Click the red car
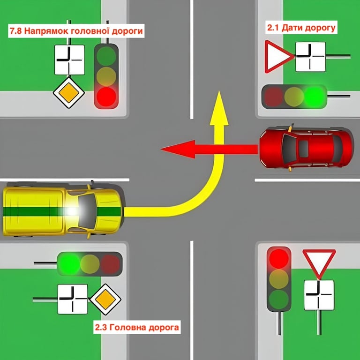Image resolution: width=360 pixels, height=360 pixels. click(x=307, y=148)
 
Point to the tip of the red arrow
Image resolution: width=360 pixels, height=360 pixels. click(x=162, y=149)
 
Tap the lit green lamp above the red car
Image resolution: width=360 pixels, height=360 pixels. click(x=314, y=96)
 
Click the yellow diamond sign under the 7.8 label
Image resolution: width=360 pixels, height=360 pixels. click(x=68, y=93)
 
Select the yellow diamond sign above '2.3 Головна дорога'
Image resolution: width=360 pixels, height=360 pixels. click(x=105, y=300)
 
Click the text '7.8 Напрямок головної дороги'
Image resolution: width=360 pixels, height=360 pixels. click(x=76, y=31)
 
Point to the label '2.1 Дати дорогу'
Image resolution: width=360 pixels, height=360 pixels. click(x=301, y=28)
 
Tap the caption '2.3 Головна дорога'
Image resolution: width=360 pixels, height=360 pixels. click(x=137, y=327)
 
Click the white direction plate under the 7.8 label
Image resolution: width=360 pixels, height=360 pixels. click(x=69, y=60)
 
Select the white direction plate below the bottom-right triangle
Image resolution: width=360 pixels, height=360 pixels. click(x=319, y=295)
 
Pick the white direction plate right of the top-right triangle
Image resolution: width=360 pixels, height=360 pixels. click(x=310, y=56)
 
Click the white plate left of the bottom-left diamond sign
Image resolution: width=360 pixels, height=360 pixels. click(x=73, y=299)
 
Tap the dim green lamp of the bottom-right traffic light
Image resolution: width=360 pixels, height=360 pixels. click(x=279, y=298)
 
